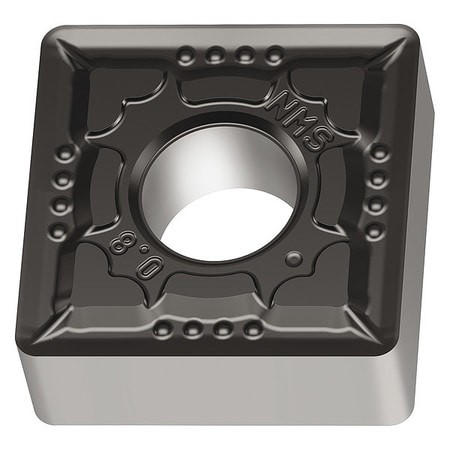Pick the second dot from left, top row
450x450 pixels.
tap(213, 55)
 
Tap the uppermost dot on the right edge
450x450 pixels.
tap(380, 153)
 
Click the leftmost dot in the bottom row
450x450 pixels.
tap(161, 329)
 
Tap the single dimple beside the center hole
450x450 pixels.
tap(293, 258)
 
